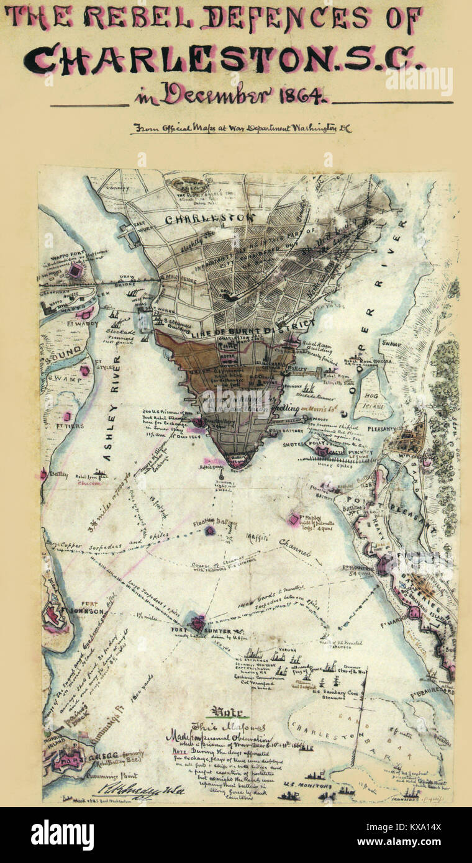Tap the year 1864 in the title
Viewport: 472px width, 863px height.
coord(301,95)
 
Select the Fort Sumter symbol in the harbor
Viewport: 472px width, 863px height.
coord(198,623)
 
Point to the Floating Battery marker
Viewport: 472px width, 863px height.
coord(211,531)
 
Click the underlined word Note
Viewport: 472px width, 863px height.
coord(227,712)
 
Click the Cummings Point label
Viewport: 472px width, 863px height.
coord(118,776)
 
